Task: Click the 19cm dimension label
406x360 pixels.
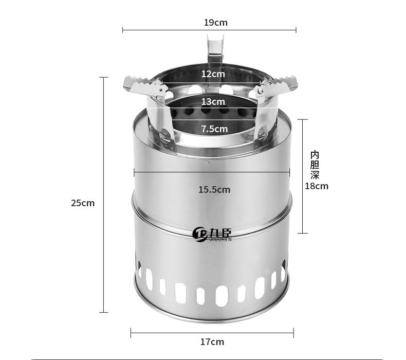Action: [215, 23]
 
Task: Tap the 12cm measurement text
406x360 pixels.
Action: [213, 74]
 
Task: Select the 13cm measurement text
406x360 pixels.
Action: [213, 102]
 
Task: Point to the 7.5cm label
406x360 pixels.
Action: [215, 129]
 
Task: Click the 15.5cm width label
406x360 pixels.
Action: [214, 189]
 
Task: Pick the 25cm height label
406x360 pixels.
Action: [83, 203]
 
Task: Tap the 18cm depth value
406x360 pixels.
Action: [317, 186]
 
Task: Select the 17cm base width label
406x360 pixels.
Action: [212, 342]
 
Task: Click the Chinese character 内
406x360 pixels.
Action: [315, 155]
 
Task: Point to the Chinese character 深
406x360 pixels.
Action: [315, 175]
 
